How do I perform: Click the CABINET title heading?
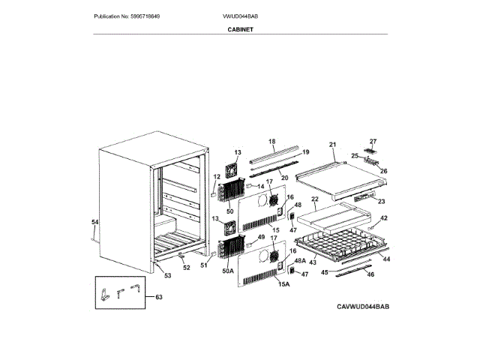(239, 28)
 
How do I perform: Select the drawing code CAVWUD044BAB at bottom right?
(363, 307)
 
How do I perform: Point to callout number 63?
(157, 297)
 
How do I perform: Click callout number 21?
(333, 145)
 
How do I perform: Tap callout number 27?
(373, 141)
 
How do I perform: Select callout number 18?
(272, 141)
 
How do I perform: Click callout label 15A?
(283, 284)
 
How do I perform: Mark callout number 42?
(383, 218)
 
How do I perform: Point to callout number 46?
(370, 274)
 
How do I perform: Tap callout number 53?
(167, 276)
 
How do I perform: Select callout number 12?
(216, 177)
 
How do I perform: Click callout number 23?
(380, 201)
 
